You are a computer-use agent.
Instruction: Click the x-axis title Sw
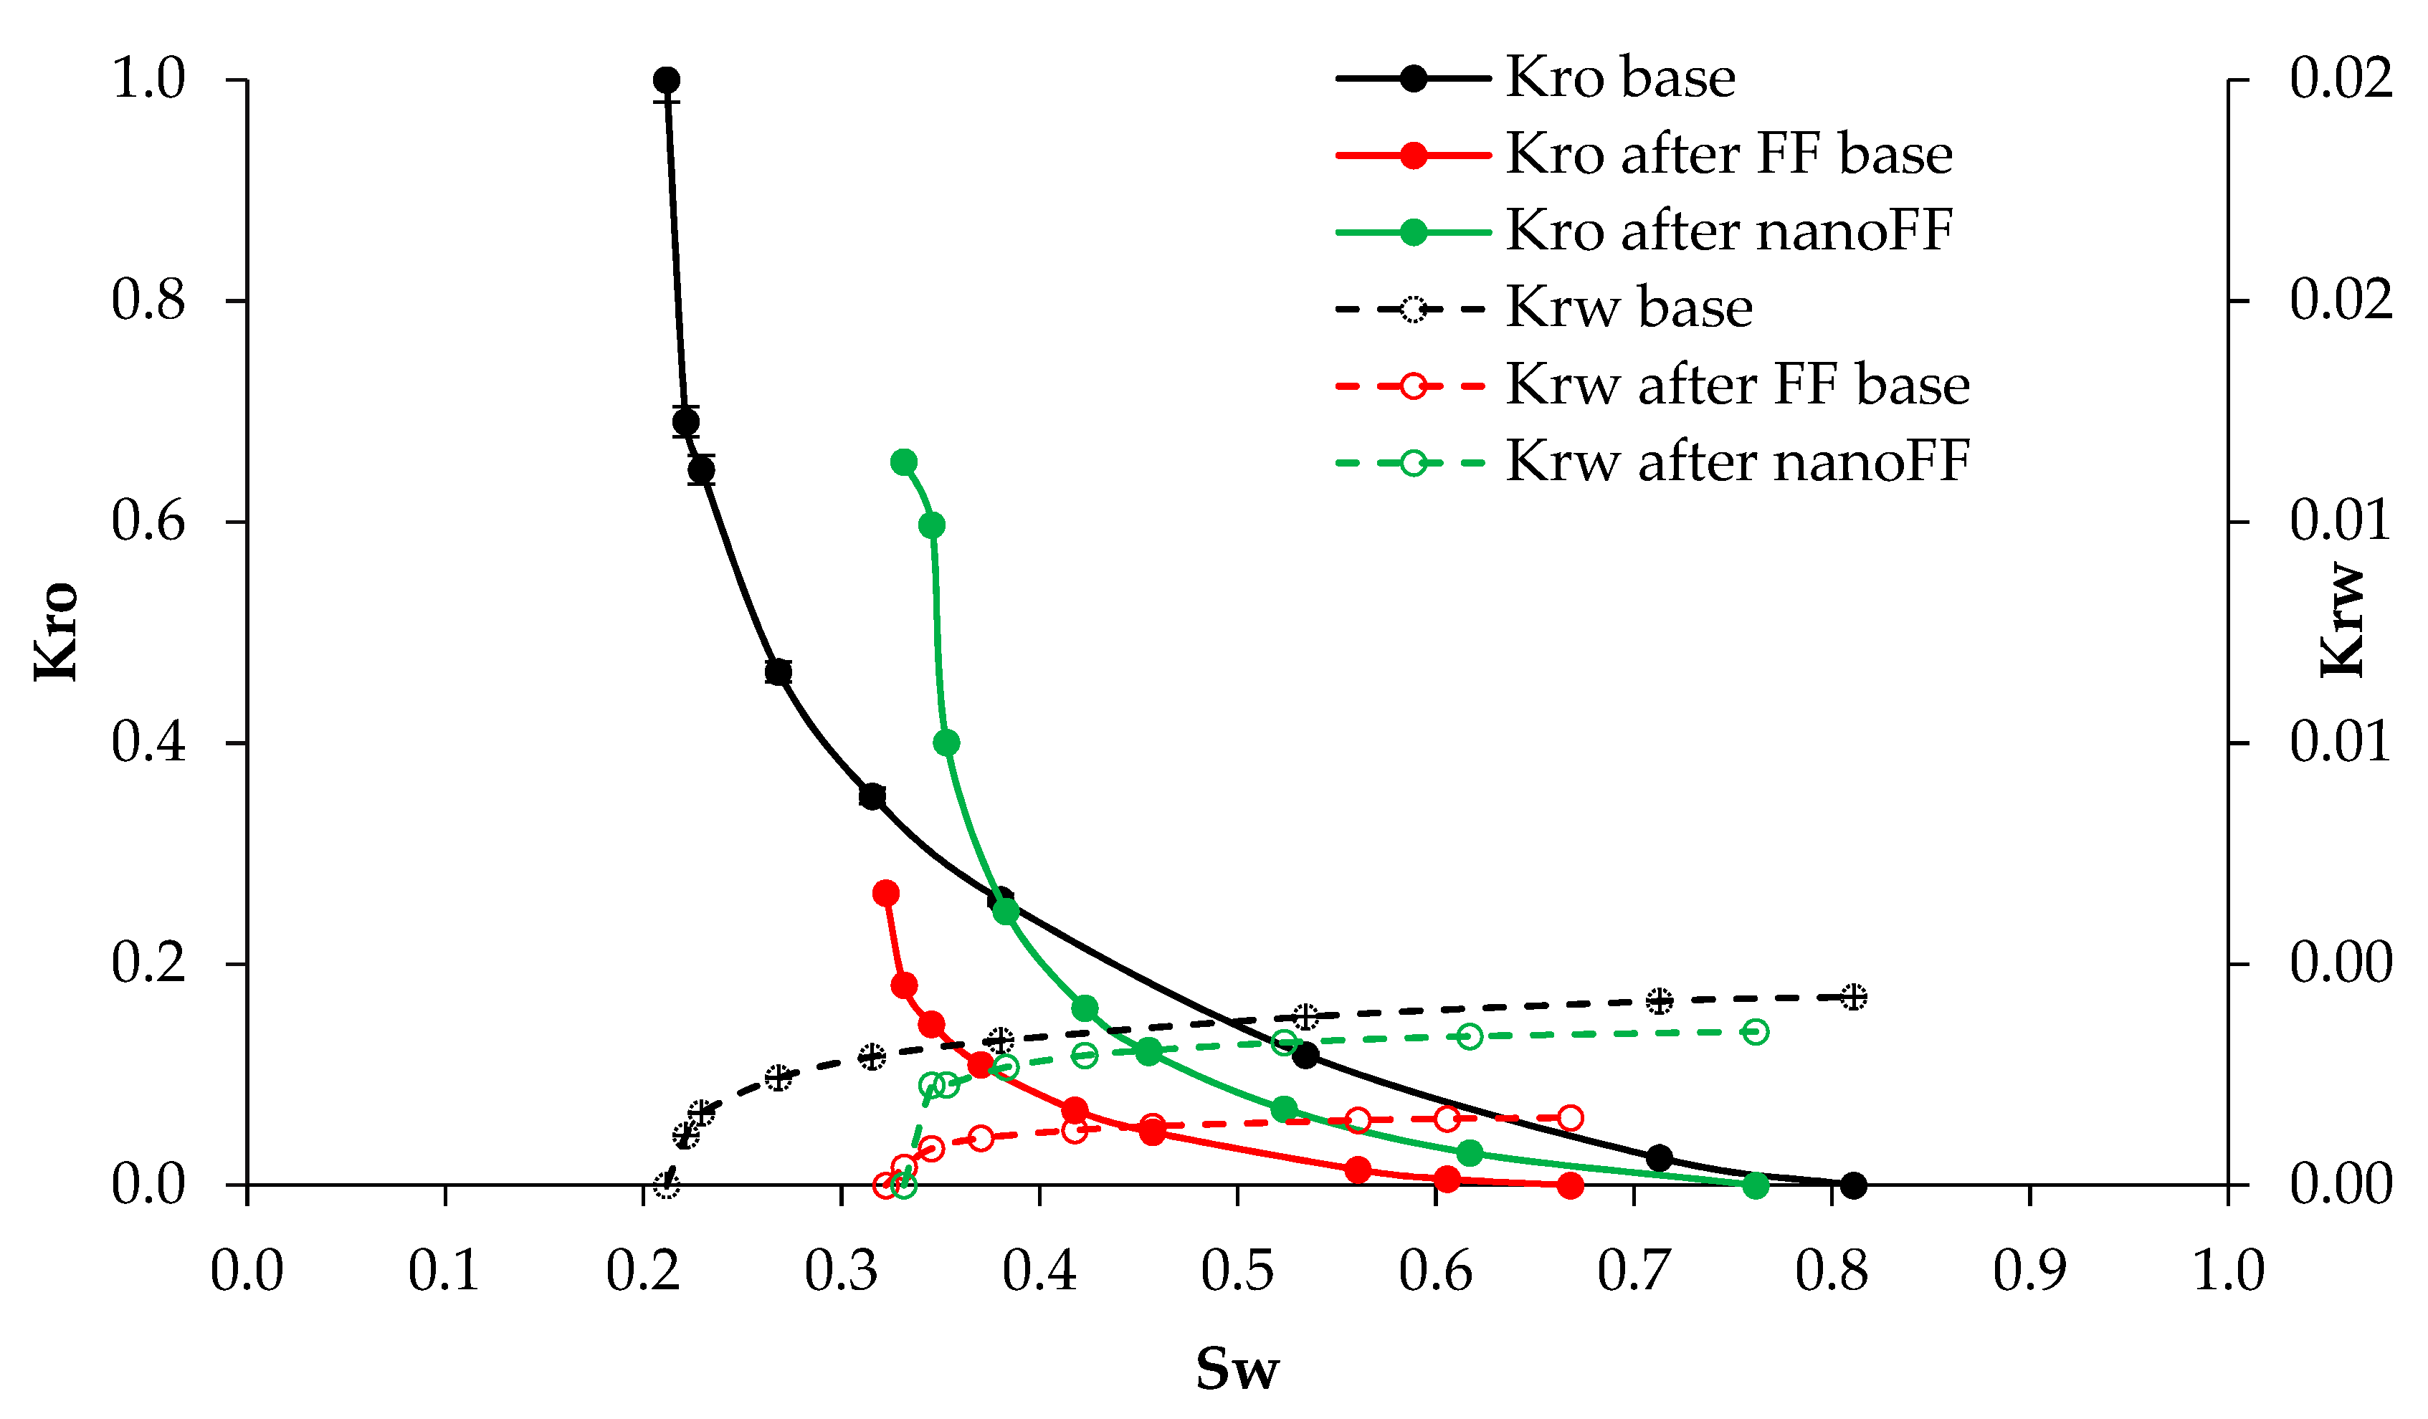[x=1237, y=1369]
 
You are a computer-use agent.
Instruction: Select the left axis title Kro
[x=56, y=632]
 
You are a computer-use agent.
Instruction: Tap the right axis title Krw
[x=2341, y=621]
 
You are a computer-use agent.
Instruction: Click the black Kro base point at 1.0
[x=666, y=80]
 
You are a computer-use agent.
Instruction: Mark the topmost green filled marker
[x=904, y=462]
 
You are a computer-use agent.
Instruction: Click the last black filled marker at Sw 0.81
[x=1853, y=1185]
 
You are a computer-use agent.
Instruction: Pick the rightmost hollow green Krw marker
[x=1756, y=1032]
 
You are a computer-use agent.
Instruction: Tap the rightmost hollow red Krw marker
[x=1571, y=1117]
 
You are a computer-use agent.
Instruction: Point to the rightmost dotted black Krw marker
[x=1853, y=997]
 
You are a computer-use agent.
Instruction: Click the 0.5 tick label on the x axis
[x=1237, y=1271]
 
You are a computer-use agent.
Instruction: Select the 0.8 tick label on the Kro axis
[x=148, y=300]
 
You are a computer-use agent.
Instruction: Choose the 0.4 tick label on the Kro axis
[x=148, y=742]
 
